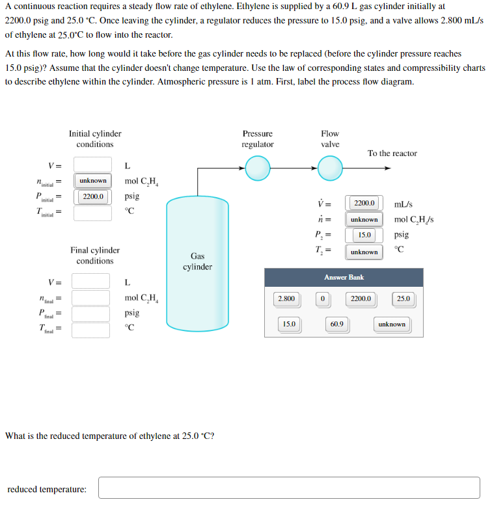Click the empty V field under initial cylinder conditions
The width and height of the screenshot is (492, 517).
(92, 164)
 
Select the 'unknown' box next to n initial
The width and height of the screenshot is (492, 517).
(92, 180)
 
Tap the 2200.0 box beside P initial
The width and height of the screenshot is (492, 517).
(92, 196)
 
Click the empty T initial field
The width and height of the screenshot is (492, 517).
(92, 212)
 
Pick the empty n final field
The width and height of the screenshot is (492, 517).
(91, 298)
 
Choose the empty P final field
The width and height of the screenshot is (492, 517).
(91, 313)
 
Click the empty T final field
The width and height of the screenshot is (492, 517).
(91, 329)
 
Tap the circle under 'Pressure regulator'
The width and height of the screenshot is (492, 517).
(258, 170)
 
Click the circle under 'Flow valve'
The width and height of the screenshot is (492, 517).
(330, 170)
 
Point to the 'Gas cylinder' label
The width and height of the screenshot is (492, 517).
(197, 261)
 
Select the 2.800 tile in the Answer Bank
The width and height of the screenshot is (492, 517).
(286, 298)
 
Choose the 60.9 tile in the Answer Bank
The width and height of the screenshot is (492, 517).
(336, 324)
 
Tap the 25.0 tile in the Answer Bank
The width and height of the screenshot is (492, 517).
(403, 298)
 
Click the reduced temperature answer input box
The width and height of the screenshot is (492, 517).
(289, 488)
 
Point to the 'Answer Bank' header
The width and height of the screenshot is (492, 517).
(344, 277)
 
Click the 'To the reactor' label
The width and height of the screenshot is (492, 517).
(392, 153)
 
